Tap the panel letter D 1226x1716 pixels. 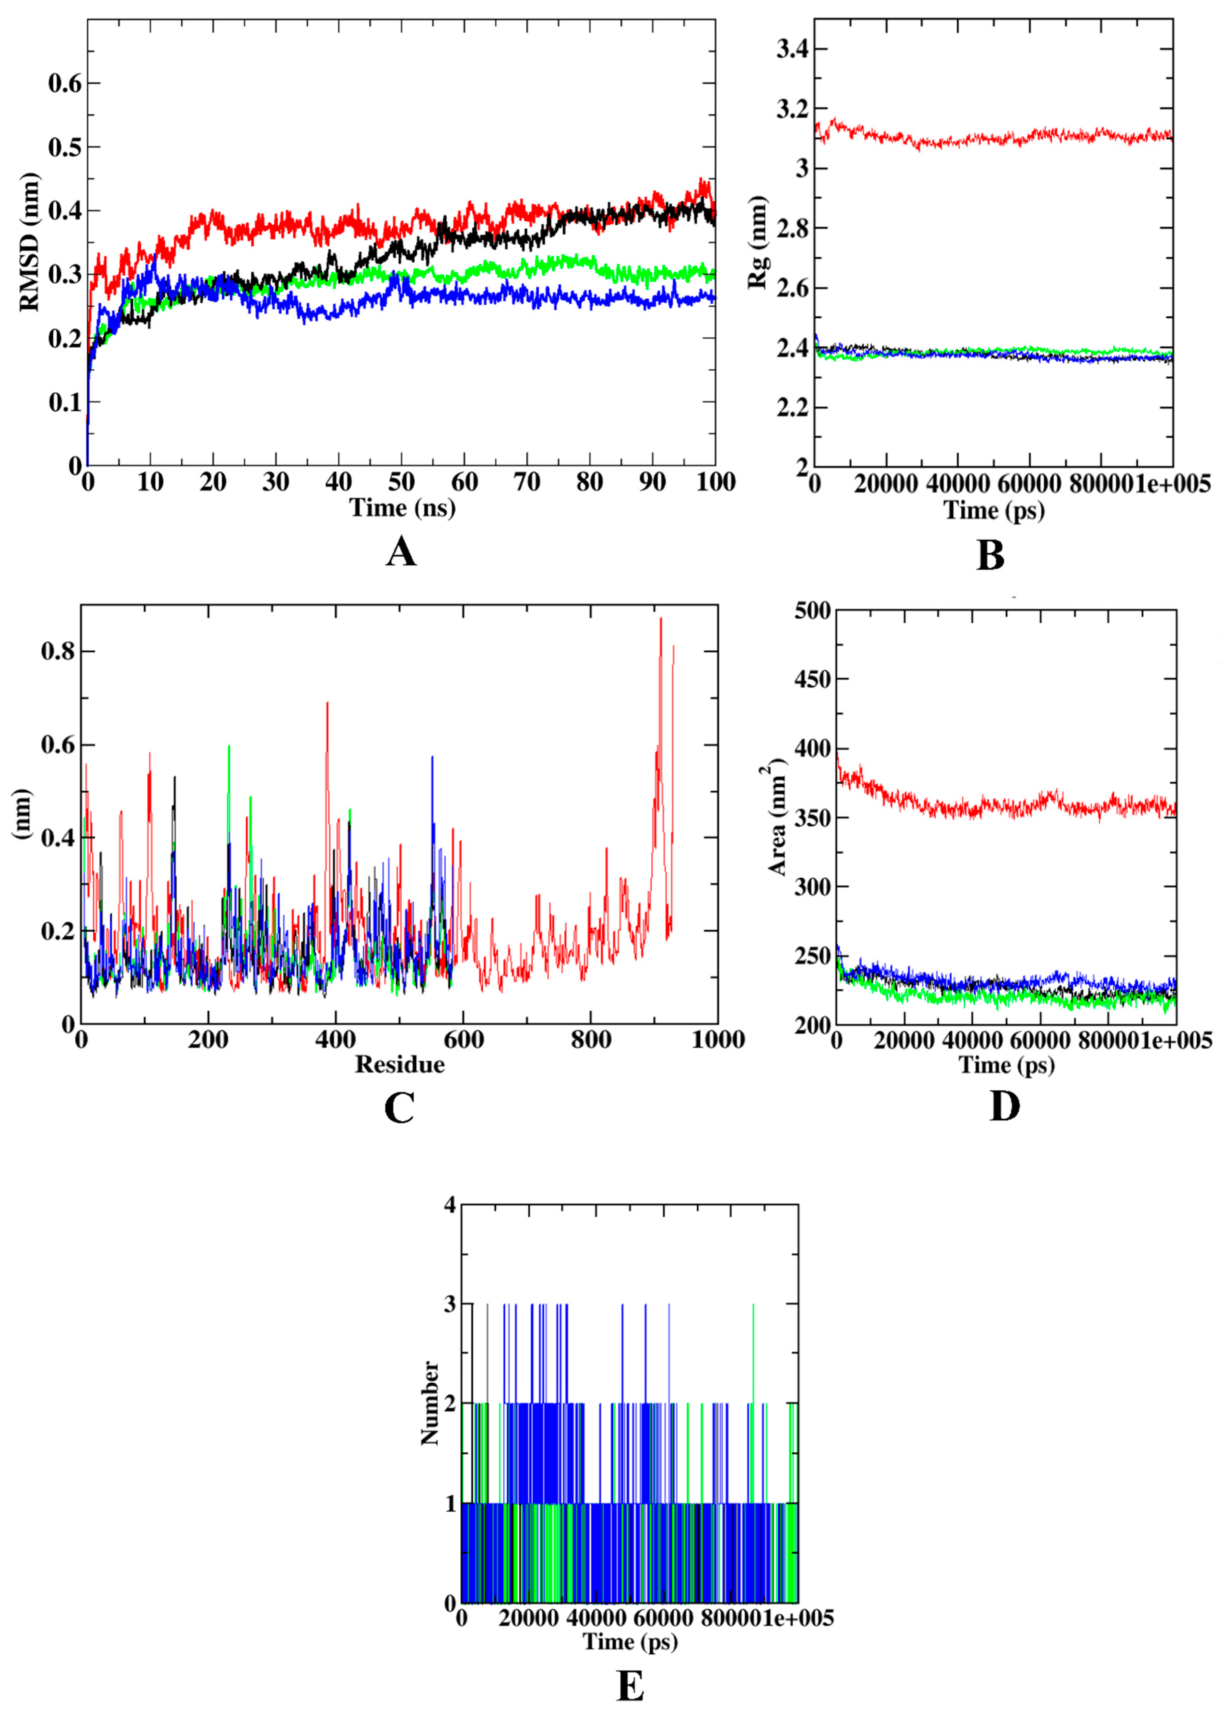point(1004,1106)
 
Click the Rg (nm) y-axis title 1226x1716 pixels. point(757,241)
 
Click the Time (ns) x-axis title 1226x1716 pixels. point(403,507)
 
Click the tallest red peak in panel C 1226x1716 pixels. point(660,619)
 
